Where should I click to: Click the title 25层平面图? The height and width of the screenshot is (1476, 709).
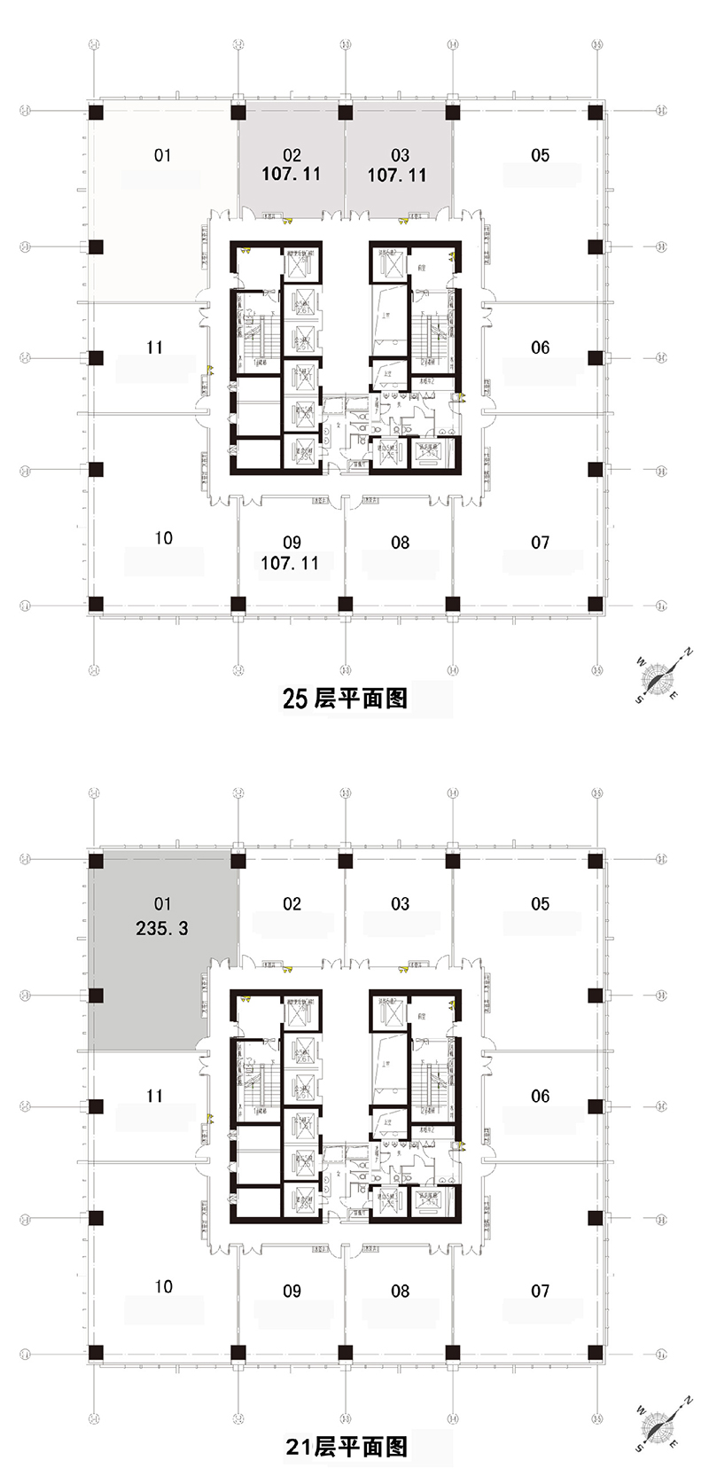pos(345,699)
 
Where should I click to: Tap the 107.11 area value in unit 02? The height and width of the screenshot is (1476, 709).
pos(291,175)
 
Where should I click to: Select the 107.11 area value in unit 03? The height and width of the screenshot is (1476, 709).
pos(397,176)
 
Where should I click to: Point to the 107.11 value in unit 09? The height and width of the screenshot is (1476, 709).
pos(290,563)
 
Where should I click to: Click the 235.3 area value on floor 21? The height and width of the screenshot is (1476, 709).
pos(162,928)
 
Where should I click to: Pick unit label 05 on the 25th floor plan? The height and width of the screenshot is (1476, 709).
pos(540,155)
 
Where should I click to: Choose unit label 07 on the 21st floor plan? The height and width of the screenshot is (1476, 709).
pos(540,1291)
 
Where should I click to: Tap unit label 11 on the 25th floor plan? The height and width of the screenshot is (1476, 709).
pos(155,348)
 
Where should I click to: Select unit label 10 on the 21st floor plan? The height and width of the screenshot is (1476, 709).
pos(163,1286)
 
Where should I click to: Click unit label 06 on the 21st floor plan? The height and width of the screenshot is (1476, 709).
pos(540,1097)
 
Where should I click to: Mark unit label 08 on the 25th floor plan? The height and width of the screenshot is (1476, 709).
pos(400,543)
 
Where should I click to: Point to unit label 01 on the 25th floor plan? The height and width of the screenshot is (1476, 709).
pos(162,156)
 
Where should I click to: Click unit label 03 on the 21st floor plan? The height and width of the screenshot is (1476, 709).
pos(400,904)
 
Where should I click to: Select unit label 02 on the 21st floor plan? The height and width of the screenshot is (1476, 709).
pos(292,904)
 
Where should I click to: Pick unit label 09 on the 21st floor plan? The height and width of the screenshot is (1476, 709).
pos(292,1291)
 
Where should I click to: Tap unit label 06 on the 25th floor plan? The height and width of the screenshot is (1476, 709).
pos(540,348)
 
